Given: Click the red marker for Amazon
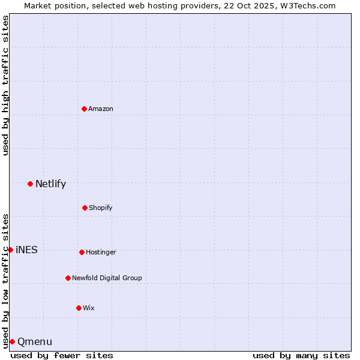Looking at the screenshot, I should [85, 109].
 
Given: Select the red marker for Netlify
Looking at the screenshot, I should [31, 184].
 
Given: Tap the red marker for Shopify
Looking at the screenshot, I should [85, 208].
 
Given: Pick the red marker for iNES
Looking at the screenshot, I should [10, 250].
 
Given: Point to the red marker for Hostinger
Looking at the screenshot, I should [82, 252].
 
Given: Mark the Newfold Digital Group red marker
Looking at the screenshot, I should [68, 278].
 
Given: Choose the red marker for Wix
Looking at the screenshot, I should [79, 308].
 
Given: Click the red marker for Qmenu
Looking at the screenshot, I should [12, 341].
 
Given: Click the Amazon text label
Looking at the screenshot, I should [101, 109].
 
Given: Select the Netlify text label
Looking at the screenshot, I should [50, 184].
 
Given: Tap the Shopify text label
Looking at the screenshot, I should [101, 208].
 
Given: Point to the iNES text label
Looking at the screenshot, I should [26, 250].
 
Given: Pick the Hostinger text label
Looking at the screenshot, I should [101, 252].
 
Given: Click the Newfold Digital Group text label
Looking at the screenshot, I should [107, 278].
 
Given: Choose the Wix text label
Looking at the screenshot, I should [89, 308].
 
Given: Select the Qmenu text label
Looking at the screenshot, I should [35, 342].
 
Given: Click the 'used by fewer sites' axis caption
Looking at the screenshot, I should [62, 355].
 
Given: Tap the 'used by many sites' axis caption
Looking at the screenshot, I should [301, 355].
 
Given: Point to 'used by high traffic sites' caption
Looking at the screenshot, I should [5, 85].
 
